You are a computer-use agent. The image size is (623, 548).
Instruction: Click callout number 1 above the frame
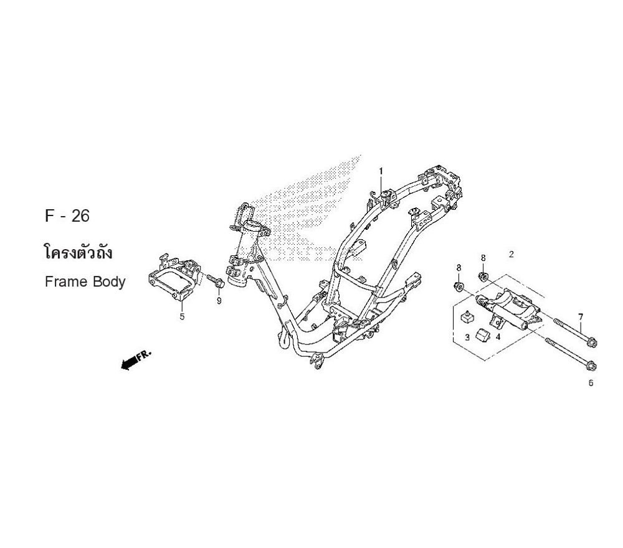381,171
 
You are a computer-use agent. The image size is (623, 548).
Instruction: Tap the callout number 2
511,254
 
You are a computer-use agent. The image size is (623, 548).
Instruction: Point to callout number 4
498,337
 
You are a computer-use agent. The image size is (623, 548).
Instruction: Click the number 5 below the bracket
182,316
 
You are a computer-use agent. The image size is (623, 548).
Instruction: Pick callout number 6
591,383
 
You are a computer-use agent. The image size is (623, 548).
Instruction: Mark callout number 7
580,316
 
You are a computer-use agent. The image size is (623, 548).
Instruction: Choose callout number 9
219,301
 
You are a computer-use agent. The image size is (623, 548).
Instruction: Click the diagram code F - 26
67,216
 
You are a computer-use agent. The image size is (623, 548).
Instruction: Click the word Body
109,281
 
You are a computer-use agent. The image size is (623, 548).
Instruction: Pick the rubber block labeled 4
483,334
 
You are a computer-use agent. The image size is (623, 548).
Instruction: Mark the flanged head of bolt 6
592,366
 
